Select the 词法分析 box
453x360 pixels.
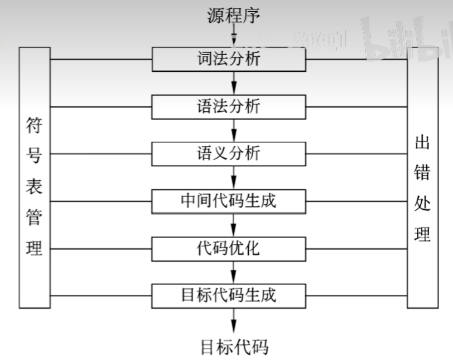coord(229,60)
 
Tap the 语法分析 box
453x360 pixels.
coord(229,106)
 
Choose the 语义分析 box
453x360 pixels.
coord(229,154)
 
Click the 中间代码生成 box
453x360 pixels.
coord(229,201)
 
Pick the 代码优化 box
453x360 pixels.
coord(229,248)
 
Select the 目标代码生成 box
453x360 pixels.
coord(229,295)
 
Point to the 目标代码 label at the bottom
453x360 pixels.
coord(234,347)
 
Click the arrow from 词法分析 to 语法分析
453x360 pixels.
coord(234,83)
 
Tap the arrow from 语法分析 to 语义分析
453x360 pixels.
coord(234,130)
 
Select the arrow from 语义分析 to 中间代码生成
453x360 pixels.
coord(234,177)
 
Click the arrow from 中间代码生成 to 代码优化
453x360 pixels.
coord(234,225)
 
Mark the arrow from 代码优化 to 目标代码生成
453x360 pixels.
coord(234,272)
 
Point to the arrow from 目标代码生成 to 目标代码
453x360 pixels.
coord(234,320)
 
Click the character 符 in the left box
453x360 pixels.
coord(35,125)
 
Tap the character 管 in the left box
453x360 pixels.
coord(35,218)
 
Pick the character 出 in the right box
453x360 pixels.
coord(422,142)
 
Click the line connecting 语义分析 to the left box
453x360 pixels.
coord(100,154)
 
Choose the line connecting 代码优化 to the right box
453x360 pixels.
coord(356,248)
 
